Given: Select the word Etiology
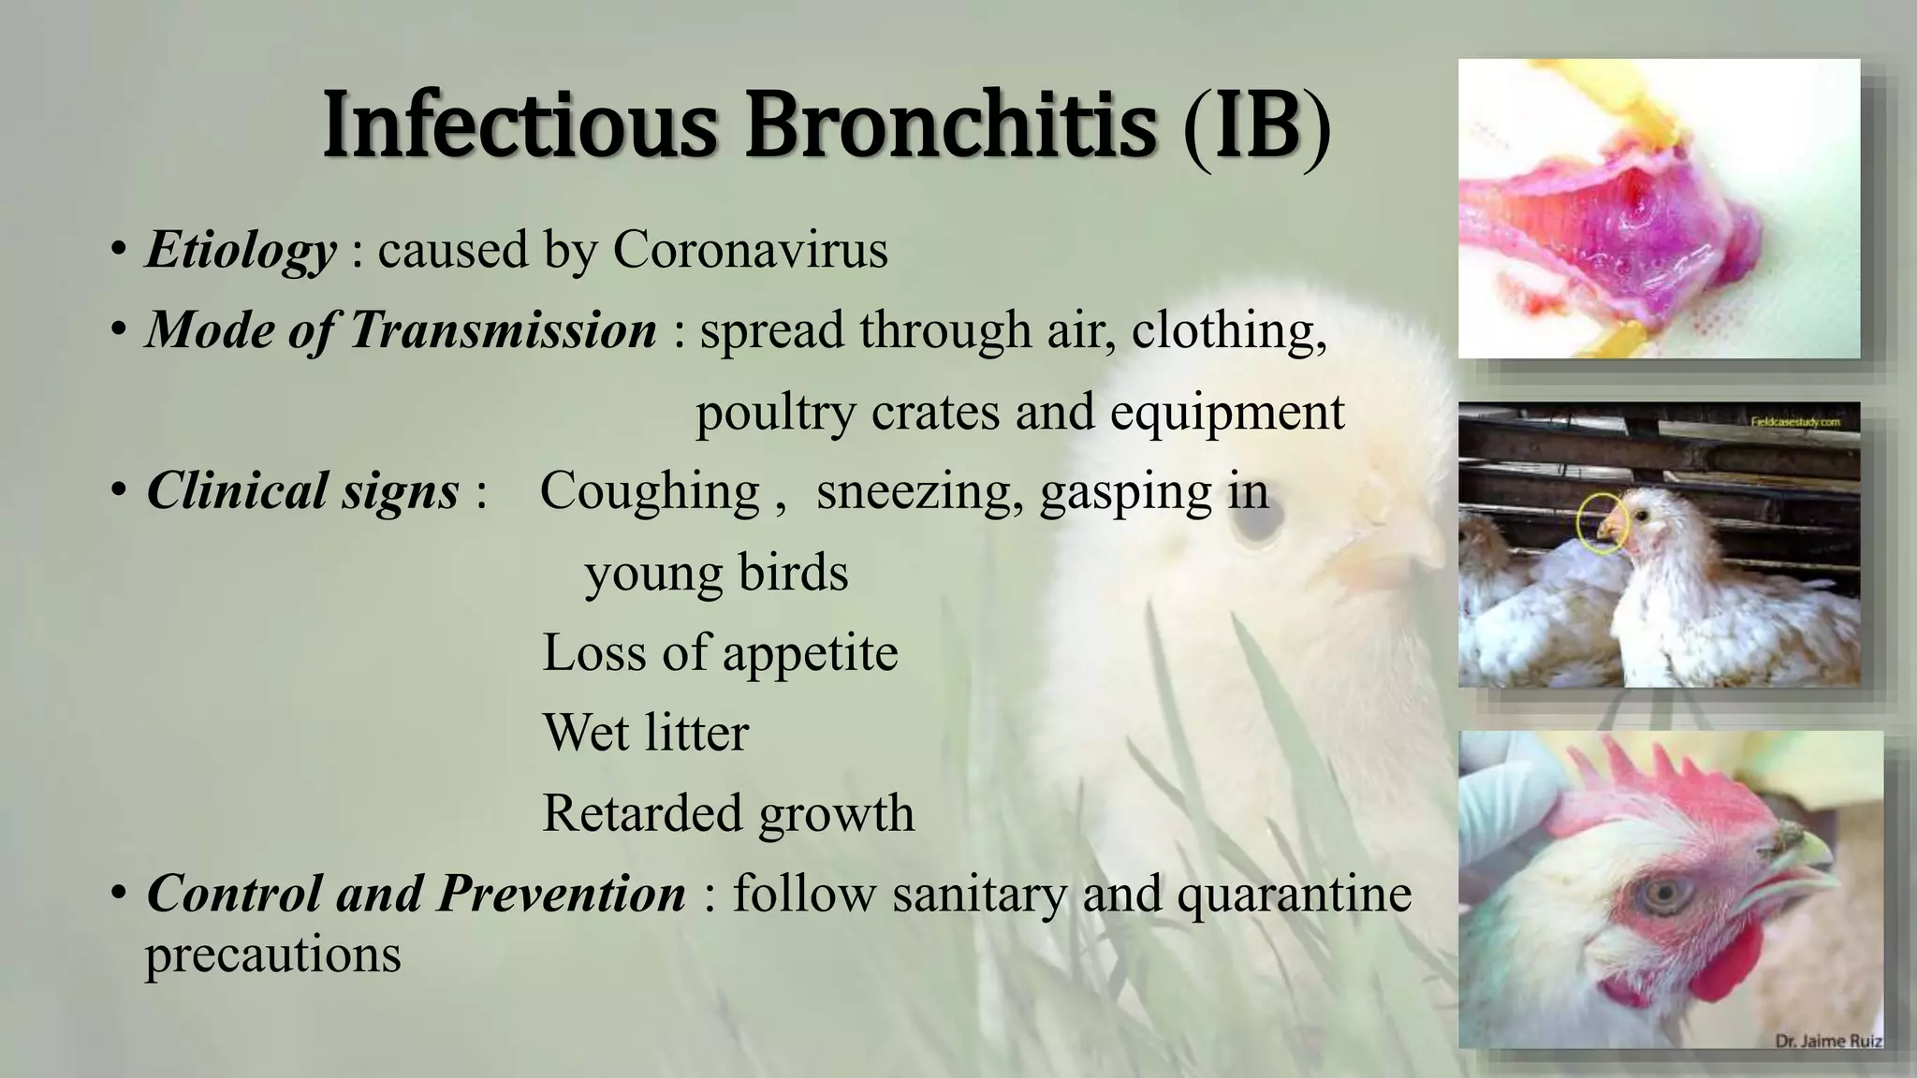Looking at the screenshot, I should click(241, 250).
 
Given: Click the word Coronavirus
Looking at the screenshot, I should click(750, 250).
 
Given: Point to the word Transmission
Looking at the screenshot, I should click(504, 330).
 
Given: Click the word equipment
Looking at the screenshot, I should click(1227, 412).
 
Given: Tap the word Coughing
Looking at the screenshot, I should click(650, 491).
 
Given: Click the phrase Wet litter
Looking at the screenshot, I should click(646, 733).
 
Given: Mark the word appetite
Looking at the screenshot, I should click(810, 652).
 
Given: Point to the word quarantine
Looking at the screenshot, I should click(1294, 894).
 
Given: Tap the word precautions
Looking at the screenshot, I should click(272, 955).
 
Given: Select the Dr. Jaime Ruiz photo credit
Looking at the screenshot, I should click(1828, 1041).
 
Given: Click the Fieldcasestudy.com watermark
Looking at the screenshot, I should click(1795, 422).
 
